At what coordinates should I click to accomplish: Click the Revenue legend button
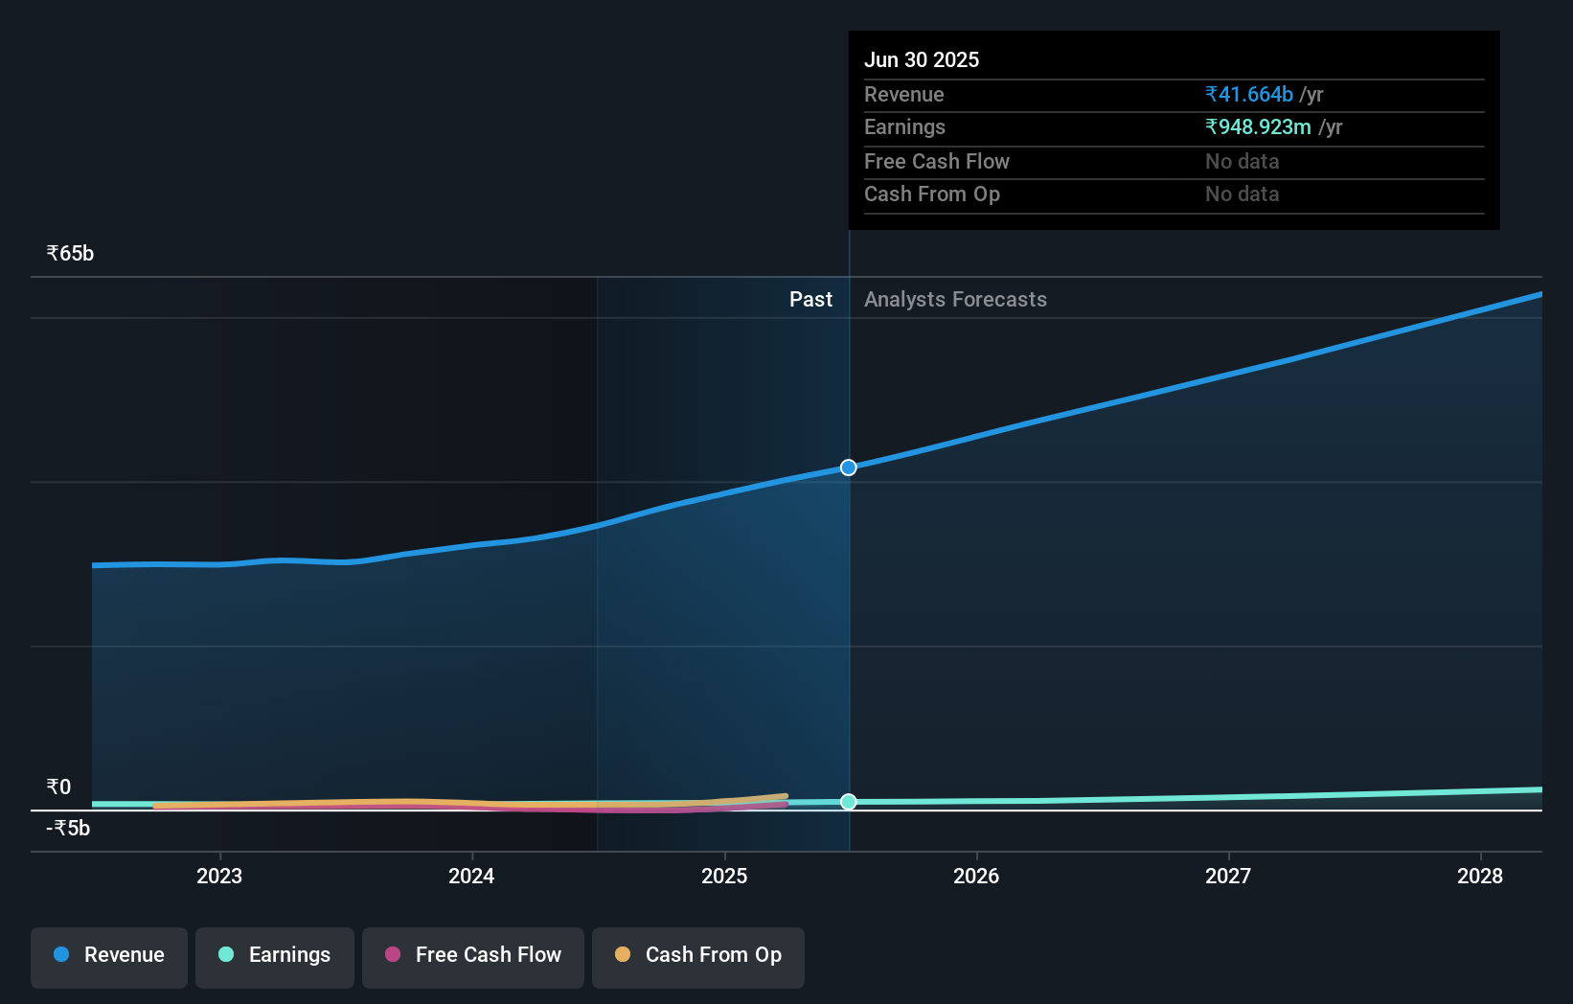coord(109,955)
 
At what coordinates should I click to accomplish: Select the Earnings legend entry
coord(275,955)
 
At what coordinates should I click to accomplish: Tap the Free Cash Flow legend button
coord(473,955)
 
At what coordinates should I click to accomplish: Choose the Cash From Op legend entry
coord(698,955)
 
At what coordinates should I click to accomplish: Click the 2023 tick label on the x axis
coord(219,876)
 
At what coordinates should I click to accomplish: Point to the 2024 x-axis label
coord(471,876)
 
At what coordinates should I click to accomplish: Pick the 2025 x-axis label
coord(724,876)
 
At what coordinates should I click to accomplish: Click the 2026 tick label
coord(976,876)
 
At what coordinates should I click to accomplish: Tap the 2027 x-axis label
coord(1228,876)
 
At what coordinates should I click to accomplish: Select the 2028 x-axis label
coord(1480,876)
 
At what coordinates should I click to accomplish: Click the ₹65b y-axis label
coord(70,254)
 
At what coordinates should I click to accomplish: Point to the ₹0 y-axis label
coord(58,787)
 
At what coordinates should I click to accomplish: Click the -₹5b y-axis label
coord(68,829)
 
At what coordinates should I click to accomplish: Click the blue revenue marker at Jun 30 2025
coord(849,468)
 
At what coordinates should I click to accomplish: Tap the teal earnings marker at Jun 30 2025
coord(849,802)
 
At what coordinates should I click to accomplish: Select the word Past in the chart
coord(810,300)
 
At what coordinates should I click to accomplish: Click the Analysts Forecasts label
coord(955,300)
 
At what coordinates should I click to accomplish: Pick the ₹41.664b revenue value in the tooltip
coord(1249,95)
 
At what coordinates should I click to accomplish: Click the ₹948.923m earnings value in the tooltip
coord(1258,127)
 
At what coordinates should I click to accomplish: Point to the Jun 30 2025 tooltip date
coord(922,60)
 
